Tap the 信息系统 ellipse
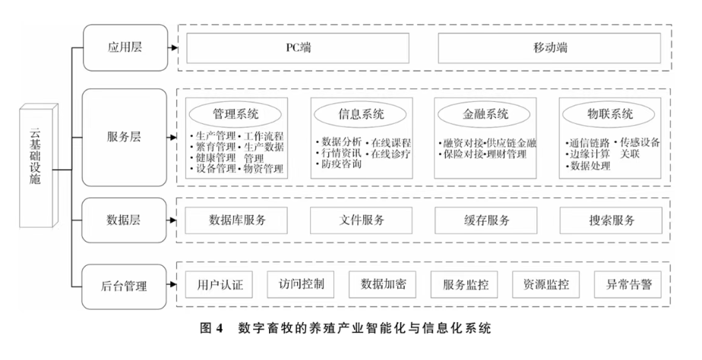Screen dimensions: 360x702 point(361,115)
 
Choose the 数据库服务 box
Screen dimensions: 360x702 point(237,221)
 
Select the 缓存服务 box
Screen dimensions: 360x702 point(486,221)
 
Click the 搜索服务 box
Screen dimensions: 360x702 point(611,221)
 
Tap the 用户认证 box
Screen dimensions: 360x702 point(218,285)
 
